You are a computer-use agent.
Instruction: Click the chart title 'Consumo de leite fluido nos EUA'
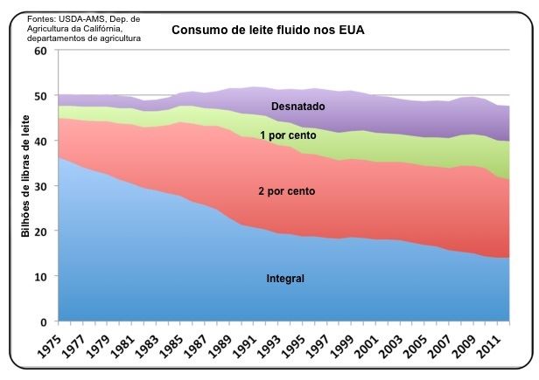(x=268, y=31)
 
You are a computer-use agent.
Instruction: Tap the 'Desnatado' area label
(x=297, y=107)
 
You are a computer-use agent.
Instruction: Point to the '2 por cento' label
(x=285, y=190)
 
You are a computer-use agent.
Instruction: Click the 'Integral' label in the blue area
(x=284, y=279)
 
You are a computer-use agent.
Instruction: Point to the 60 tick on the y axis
(x=39, y=51)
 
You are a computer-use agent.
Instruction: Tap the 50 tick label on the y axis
(x=39, y=96)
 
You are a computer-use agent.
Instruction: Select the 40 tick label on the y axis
(x=39, y=141)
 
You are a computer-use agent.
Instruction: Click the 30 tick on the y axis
(x=39, y=186)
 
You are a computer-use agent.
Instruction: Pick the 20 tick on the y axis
(x=39, y=231)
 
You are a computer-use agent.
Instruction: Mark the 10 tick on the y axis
(x=39, y=276)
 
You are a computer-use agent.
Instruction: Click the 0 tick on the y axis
(x=43, y=321)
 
